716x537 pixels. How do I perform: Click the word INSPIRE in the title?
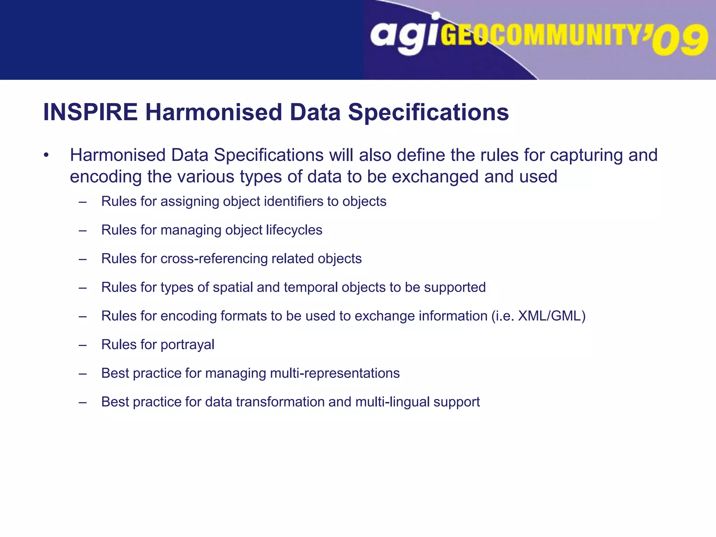pos(90,112)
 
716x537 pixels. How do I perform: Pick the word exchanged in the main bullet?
pos(435,177)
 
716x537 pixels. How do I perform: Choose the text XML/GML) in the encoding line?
pos(551,316)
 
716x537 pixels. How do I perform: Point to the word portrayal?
pos(187,345)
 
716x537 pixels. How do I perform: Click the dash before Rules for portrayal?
pos(83,345)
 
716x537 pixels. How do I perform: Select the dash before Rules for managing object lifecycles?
pos(83,230)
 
